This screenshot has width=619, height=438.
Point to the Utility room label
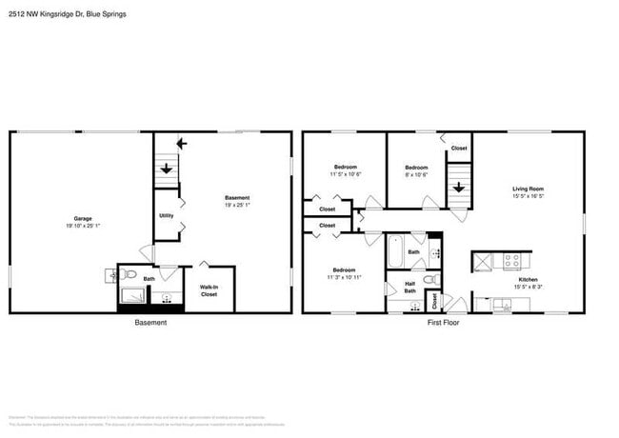166,216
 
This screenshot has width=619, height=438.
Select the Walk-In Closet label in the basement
208,290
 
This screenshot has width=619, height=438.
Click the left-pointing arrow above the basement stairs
182,144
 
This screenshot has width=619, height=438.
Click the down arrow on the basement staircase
167,169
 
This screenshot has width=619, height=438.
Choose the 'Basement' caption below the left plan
150,323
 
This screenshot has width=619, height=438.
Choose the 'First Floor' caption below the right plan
444,323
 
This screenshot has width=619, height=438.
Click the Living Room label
528,189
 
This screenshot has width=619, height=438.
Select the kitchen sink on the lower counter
497,305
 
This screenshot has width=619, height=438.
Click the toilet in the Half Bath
429,280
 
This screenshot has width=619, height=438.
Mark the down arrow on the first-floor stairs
459,187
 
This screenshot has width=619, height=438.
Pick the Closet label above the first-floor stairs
459,148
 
